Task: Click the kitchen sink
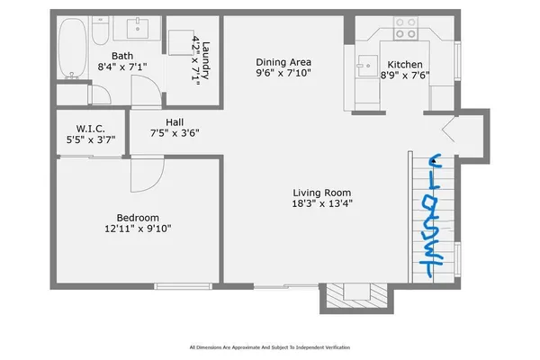click(367, 63)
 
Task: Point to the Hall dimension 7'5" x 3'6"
click(174, 133)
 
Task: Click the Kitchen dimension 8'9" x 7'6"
click(407, 76)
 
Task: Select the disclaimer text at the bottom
click(269, 346)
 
